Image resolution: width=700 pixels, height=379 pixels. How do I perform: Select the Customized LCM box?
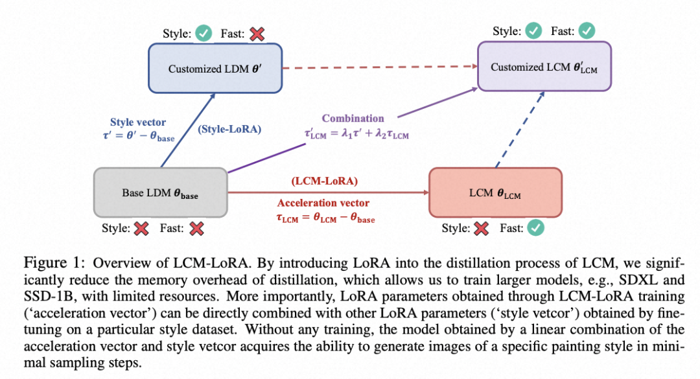coord(544,67)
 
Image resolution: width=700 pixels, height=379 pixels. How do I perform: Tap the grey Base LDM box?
coord(160,193)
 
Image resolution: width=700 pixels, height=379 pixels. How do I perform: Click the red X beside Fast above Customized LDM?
coord(257,33)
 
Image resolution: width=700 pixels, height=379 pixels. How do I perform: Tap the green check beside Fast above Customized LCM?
coord(586,30)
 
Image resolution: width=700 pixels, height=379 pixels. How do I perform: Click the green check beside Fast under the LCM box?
coord(536,228)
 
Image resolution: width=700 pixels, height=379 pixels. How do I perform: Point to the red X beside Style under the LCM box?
coord(480,228)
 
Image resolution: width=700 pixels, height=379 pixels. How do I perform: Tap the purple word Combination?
coord(353,119)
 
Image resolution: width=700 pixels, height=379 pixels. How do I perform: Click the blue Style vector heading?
coord(137,122)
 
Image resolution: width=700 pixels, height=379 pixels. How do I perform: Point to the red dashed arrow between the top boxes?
coord(379,68)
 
